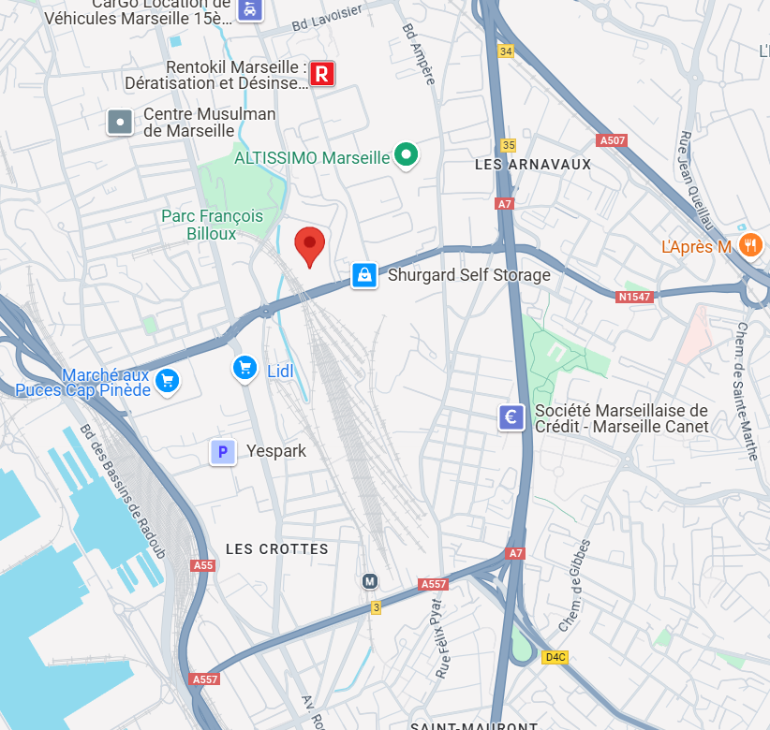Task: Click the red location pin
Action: point(310,245)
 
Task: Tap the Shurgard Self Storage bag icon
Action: point(364,275)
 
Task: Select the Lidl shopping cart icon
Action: point(244,369)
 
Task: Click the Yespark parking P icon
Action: point(222,453)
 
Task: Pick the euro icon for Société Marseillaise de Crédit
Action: point(511,417)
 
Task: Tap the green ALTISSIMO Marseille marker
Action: point(406,155)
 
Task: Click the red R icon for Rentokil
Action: point(322,74)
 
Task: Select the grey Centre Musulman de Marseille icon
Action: point(120,122)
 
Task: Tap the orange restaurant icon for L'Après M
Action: point(749,246)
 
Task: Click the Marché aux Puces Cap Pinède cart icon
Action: point(168,380)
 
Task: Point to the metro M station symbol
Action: point(371,581)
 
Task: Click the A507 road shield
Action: point(611,140)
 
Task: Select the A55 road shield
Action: point(203,565)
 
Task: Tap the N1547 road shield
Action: point(634,297)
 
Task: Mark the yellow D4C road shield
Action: point(555,657)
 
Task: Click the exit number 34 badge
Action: point(507,51)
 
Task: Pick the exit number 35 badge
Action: point(509,145)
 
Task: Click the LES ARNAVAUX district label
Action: point(533,164)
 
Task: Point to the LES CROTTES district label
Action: point(277,548)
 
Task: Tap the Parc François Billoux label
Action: point(212,225)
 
